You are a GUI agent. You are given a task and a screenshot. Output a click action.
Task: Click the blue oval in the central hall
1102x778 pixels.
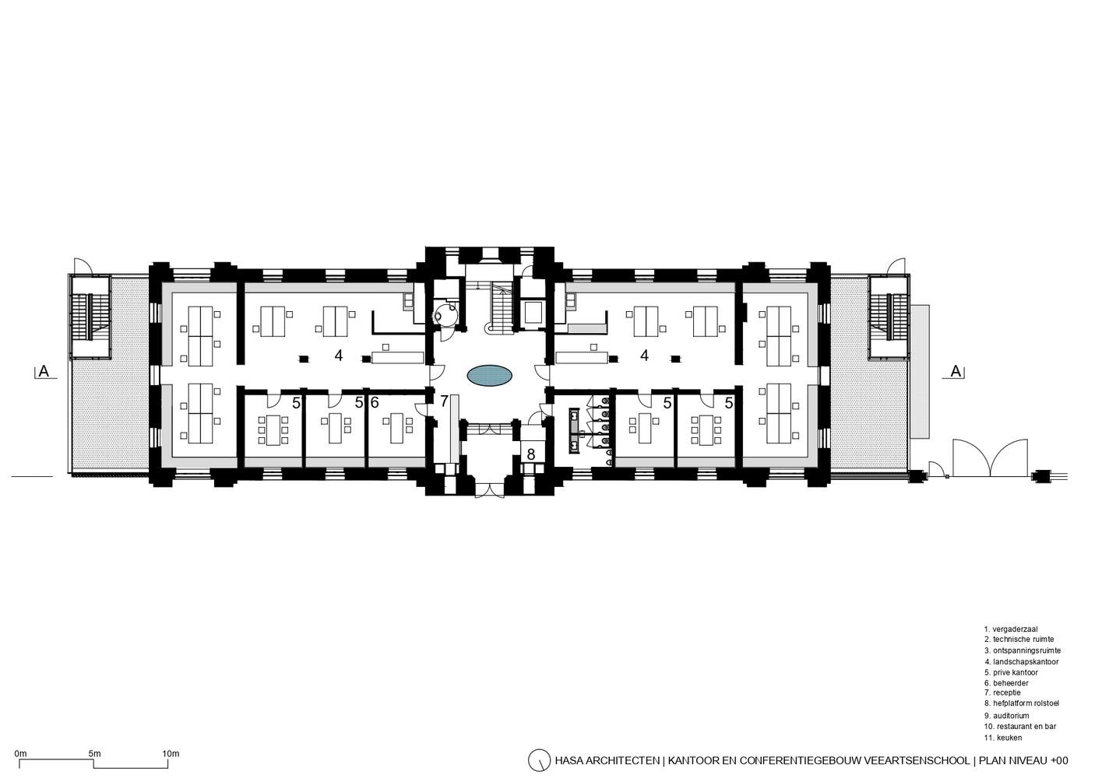point(490,376)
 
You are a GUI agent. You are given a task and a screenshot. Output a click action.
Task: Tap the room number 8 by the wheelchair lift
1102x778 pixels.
point(531,454)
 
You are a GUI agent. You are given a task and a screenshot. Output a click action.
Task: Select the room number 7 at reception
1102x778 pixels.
point(444,401)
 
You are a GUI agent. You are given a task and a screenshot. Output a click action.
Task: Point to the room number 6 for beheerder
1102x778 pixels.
point(375,402)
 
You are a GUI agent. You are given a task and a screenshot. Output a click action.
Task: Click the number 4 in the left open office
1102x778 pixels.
point(339,355)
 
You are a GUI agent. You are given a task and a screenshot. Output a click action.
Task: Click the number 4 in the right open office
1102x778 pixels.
point(645,355)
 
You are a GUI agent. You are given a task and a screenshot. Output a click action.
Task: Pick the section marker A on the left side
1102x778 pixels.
point(44,371)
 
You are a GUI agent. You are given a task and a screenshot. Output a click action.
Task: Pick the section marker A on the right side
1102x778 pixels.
point(956,371)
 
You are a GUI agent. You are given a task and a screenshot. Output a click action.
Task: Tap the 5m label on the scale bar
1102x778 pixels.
point(94,753)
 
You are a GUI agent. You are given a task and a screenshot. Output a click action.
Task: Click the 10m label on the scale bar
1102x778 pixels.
point(171,753)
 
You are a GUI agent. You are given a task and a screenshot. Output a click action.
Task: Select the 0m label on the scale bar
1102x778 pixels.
point(21,753)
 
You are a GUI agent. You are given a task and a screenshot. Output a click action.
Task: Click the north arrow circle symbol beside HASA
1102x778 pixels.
point(539,760)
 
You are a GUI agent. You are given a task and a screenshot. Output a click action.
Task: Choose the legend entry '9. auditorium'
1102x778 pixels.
point(1006,716)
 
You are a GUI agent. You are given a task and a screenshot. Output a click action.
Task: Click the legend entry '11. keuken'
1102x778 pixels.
point(1003,738)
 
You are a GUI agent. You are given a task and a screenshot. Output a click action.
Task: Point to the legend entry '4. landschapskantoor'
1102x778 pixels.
point(1021,662)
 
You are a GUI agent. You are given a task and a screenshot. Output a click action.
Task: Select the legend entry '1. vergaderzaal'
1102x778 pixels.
point(1010,629)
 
